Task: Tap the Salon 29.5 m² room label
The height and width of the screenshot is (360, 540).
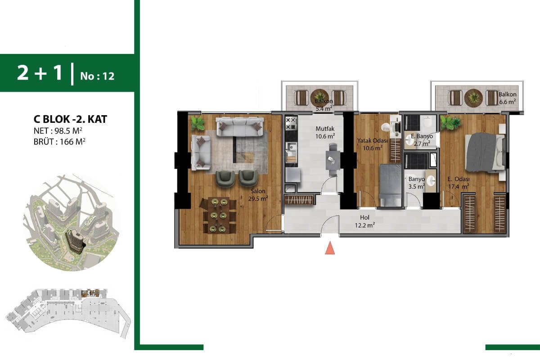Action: click(258, 195)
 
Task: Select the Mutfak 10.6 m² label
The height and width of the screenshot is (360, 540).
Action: click(325, 132)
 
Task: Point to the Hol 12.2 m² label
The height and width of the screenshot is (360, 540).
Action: click(364, 221)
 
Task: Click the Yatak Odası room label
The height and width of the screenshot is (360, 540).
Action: click(372, 140)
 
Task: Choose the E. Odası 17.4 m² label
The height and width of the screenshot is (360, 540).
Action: click(458, 183)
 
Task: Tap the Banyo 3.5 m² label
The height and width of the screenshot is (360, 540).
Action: click(417, 183)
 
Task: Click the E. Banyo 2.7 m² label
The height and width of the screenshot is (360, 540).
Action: click(422, 140)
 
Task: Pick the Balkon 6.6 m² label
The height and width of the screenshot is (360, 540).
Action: click(508, 98)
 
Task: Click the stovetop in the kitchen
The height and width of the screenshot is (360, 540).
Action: click(291, 123)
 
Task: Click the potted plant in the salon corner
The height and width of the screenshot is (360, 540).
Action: click(198, 123)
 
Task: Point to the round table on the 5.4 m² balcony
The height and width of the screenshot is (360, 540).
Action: click(319, 98)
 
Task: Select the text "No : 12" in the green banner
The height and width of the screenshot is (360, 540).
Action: click(97, 76)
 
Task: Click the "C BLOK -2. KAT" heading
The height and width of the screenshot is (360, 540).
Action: click(70, 119)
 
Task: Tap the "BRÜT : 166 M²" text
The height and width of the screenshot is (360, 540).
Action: click(59, 142)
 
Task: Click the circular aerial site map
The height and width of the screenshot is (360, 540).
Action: click(72, 222)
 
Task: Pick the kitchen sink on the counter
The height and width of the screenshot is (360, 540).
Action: click(291, 146)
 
